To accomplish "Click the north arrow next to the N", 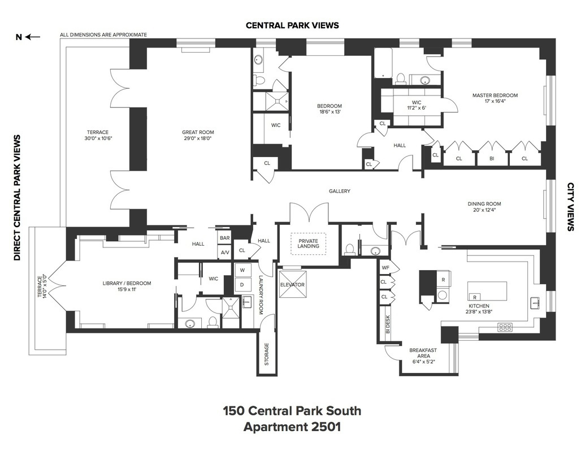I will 33,37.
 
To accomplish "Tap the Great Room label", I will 198,132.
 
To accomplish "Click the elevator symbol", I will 292,285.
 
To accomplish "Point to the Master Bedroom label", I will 495,95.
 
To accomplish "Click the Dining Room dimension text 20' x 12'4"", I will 484,211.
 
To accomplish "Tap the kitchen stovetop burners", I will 504,326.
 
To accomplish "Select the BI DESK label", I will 388,324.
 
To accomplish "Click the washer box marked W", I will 241,270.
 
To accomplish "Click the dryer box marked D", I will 241,284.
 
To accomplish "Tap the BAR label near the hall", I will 224,238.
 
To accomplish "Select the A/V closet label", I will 224,253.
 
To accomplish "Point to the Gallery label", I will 340,191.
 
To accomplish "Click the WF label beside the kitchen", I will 385,267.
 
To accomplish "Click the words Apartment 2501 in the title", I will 292,427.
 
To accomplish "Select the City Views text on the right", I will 570,207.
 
